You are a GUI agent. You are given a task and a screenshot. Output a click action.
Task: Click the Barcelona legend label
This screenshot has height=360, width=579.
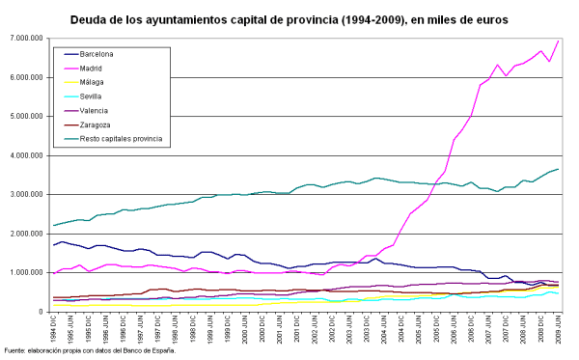pyautogui.click(x=96, y=55)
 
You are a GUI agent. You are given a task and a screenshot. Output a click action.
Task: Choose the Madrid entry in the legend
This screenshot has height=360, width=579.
pyautogui.click(x=93, y=69)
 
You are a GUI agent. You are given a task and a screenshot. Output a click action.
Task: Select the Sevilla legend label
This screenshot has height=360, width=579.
pyautogui.click(x=92, y=97)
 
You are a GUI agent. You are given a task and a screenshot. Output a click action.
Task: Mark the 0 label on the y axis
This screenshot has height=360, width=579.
pyautogui.click(x=39, y=312)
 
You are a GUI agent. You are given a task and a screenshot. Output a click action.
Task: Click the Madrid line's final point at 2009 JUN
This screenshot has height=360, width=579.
pyautogui.click(x=558, y=41)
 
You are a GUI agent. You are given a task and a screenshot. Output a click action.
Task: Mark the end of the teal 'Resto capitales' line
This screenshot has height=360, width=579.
pyautogui.click(x=558, y=169)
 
